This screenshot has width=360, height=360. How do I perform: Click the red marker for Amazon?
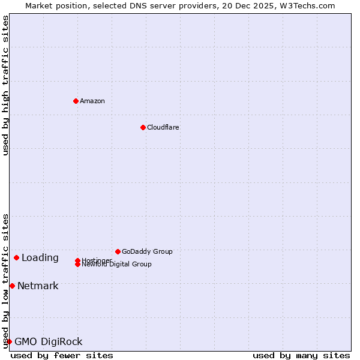(x=76, y=101)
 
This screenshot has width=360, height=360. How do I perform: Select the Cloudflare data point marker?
(x=143, y=127)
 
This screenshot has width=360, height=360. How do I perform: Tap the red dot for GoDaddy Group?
(x=118, y=251)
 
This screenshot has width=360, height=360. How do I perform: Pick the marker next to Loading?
(x=16, y=257)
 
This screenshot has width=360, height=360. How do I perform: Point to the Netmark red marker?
(x=12, y=286)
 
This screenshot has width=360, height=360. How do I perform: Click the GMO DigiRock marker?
(x=9, y=341)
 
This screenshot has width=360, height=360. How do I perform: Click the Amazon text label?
(x=92, y=101)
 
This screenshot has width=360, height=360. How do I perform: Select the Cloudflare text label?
(x=163, y=127)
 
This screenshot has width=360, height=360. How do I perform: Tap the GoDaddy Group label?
(x=147, y=251)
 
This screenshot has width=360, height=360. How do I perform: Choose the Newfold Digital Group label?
(x=116, y=265)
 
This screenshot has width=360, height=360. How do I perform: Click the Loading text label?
(x=40, y=258)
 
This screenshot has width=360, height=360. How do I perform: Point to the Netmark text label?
(x=38, y=286)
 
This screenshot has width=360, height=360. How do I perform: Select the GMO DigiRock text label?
(x=49, y=342)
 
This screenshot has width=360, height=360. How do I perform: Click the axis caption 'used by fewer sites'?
(x=62, y=355)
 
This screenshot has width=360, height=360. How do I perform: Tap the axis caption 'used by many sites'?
(x=301, y=355)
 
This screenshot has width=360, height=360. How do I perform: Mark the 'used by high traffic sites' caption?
(x=5, y=85)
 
